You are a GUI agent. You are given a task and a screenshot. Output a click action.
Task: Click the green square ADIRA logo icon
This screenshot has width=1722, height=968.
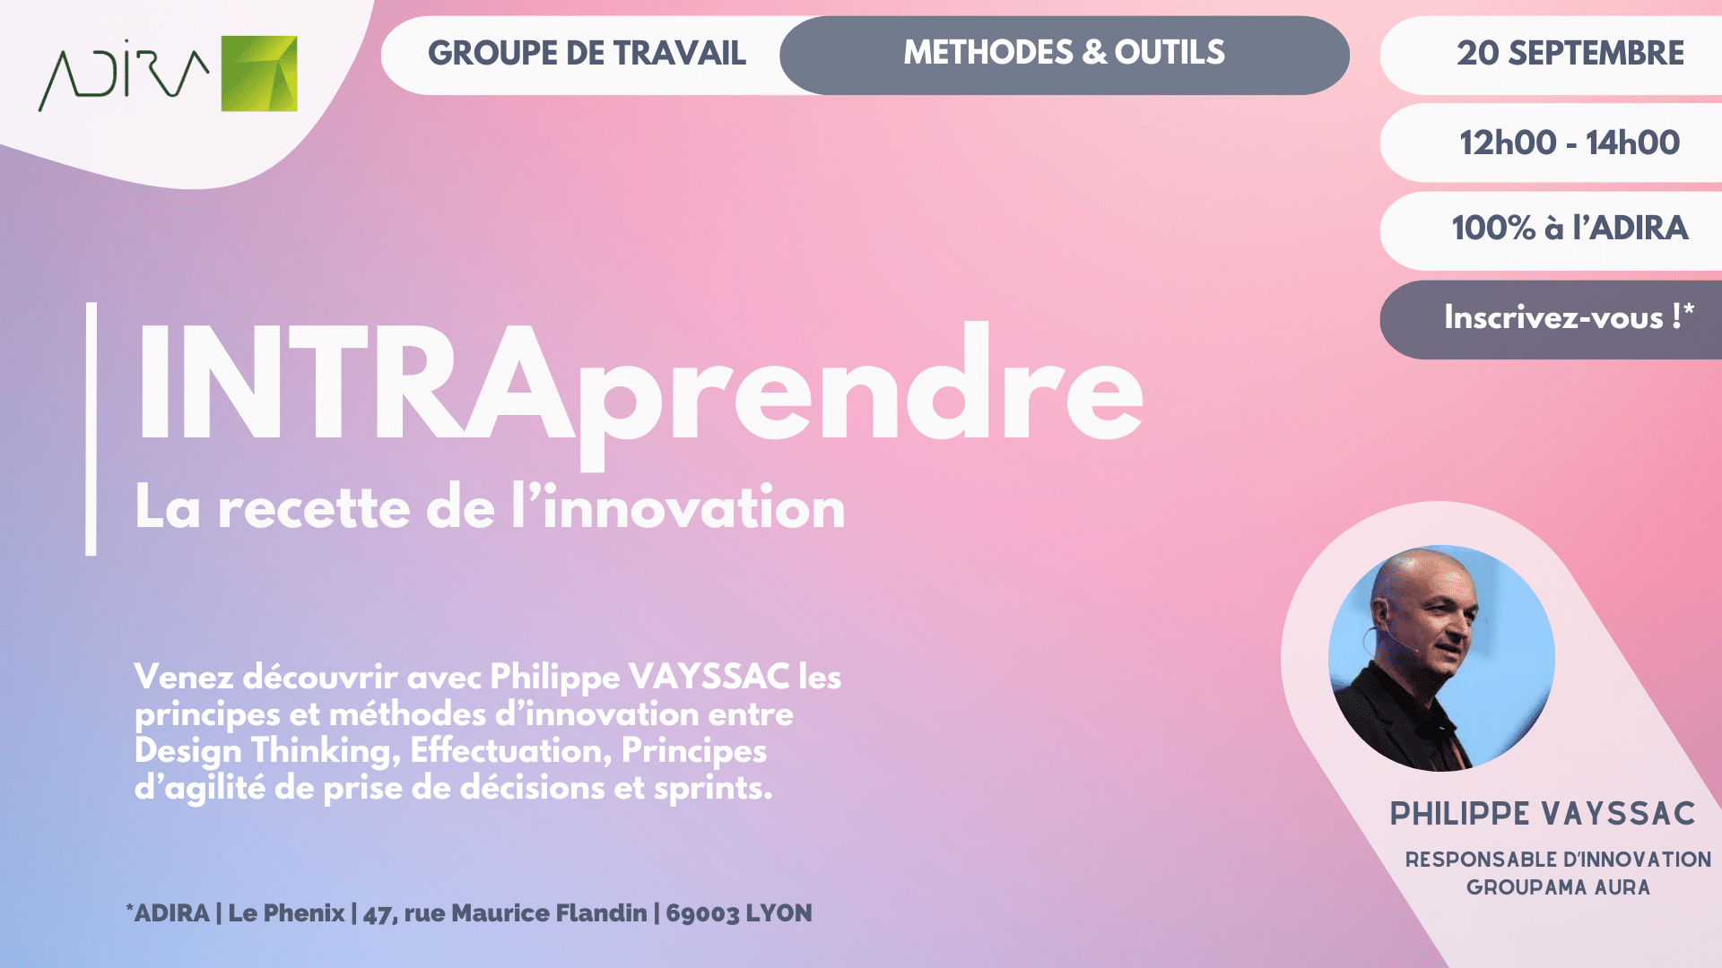[259, 73]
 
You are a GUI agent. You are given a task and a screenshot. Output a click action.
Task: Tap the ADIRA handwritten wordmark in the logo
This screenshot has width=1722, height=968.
[124, 75]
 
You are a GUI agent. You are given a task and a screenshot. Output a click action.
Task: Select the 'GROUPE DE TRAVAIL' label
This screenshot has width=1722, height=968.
[587, 54]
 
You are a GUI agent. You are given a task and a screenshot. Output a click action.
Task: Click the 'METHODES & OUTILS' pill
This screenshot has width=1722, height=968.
[1065, 55]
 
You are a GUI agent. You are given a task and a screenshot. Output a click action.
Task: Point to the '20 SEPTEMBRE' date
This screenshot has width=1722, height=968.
[1570, 54]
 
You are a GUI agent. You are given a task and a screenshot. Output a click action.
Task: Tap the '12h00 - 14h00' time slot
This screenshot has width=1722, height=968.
[1570, 143]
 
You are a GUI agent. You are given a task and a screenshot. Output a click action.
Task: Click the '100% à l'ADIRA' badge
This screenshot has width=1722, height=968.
[1570, 229]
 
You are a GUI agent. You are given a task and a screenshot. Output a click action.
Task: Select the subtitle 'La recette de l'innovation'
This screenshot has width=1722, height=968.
[490, 507]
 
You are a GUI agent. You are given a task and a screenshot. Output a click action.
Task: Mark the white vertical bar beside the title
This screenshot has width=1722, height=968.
[91, 428]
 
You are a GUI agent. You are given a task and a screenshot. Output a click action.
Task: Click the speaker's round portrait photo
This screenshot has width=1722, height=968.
[1441, 658]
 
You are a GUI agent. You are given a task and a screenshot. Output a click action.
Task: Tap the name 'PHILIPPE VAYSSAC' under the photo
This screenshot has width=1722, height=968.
[1543, 814]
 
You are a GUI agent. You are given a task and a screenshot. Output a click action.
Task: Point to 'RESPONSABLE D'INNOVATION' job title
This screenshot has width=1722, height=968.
[1558, 860]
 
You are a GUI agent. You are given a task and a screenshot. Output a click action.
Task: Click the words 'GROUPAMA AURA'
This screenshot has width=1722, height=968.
[1558, 887]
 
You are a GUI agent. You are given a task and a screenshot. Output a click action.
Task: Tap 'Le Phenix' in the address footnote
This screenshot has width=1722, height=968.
[286, 913]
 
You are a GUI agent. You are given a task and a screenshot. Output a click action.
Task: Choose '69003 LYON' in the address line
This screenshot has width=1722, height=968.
[739, 913]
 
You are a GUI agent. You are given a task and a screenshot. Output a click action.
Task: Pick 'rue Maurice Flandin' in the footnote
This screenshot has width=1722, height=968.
[526, 913]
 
